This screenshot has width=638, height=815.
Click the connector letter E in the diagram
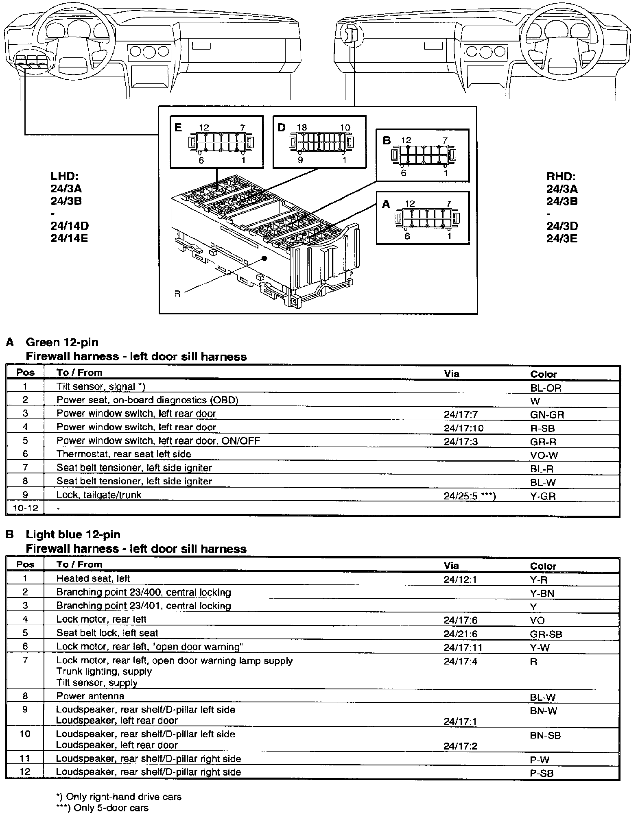click(178, 127)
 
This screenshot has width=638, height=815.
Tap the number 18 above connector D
click(302, 127)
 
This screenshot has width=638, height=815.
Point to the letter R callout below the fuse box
click(177, 294)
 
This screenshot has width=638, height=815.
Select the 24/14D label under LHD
click(70, 226)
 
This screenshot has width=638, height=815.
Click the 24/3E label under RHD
click(562, 238)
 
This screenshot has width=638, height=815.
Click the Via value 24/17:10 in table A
click(463, 428)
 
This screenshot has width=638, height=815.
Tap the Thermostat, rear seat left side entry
click(124, 454)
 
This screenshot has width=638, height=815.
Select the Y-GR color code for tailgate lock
click(543, 496)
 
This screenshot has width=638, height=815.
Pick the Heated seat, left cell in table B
click(93, 578)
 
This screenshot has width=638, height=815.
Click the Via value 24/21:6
click(460, 633)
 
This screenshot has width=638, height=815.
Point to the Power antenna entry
click(90, 696)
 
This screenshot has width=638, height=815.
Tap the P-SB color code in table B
click(542, 774)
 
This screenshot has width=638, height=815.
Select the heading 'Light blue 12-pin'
click(73, 534)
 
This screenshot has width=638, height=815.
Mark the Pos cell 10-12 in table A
click(25, 508)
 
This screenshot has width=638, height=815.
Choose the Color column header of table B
click(543, 566)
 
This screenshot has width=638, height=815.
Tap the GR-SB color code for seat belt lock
click(546, 634)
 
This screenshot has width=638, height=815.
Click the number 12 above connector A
click(410, 203)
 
